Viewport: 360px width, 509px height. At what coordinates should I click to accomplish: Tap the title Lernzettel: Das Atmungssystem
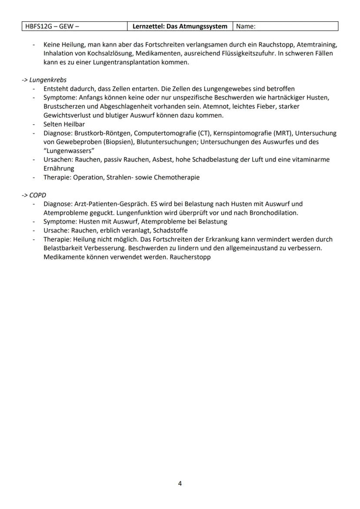pyautogui.click(x=180, y=27)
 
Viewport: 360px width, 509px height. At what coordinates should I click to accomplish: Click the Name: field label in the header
pyautogui.click(x=246, y=27)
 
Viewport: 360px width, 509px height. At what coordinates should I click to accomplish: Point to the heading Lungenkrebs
pyautogui.click(x=48, y=80)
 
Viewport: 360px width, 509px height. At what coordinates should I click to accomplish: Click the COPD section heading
pyautogui.click(x=37, y=195)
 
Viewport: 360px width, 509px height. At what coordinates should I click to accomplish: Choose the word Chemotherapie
pyautogui.click(x=179, y=177)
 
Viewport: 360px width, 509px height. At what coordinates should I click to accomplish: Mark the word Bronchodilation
pyautogui.click(x=276, y=213)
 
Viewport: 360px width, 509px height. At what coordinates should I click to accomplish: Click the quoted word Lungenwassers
pyautogui.click(x=69, y=150)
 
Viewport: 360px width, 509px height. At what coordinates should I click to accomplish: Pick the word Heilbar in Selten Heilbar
pyautogui.click(x=74, y=124)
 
